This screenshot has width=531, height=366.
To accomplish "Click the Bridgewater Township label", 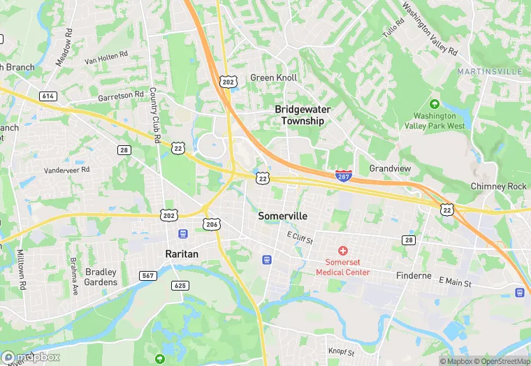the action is tap(303, 115).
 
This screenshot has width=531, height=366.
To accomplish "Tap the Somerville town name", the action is tap(282, 216).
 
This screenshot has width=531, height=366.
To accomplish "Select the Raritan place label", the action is tap(183, 254).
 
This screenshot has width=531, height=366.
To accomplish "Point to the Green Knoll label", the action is tap(274, 78).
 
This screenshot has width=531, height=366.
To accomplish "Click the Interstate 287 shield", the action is tap(343, 175).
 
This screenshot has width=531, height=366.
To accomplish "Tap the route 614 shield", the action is tap(48, 96).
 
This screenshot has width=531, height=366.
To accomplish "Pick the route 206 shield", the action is tap(212, 223).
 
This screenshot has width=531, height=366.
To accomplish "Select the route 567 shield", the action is tap(148, 276).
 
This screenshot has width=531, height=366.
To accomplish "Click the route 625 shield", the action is tap(180, 285).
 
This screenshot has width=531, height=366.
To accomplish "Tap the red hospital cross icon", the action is tap(343, 250).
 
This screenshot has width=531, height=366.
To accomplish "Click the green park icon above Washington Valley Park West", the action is tap(435, 103).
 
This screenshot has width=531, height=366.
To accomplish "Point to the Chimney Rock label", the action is tap(498, 186).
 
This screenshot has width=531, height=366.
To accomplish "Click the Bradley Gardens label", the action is tap(101, 277).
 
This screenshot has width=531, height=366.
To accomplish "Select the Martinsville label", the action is tap(490, 72).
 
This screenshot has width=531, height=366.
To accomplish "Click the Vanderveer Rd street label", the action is tap(67, 170).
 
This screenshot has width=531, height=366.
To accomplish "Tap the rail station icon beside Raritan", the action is tap(183, 233).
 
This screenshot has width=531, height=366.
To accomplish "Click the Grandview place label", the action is tap(390, 169).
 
